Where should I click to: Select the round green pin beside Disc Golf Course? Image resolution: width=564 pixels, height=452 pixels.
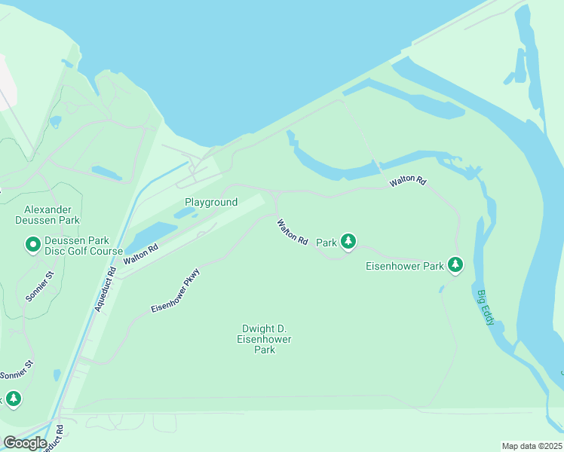pyautogui.click(x=33, y=245)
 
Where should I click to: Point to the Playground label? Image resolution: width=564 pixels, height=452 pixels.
pyautogui.click(x=211, y=202)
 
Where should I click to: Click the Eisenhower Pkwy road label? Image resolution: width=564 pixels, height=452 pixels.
pyautogui.click(x=175, y=291)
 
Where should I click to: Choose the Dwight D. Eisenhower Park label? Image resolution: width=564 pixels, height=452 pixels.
pyautogui.click(x=264, y=339)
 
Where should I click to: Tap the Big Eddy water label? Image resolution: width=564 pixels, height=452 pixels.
pyautogui.click(x=486, y=307)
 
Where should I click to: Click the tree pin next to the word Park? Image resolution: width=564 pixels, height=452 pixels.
pyautogui.click(x=348, y=241)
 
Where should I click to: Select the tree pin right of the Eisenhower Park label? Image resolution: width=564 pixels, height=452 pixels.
pyautogui.click(x=455, y=264)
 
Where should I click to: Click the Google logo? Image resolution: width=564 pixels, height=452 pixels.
pyautogui.click(x=25, y=443)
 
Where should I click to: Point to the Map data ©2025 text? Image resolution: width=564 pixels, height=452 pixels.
pyautogui.click(x=532, y=446)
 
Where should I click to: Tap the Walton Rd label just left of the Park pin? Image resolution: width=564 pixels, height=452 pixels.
pyautogui.click(x=292, y=232)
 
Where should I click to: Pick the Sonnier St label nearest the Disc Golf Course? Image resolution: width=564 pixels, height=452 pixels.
pyautogui.click(x=40, y=286)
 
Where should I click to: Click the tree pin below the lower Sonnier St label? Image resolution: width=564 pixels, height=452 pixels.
pyautogui.click(x=13, y=399)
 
